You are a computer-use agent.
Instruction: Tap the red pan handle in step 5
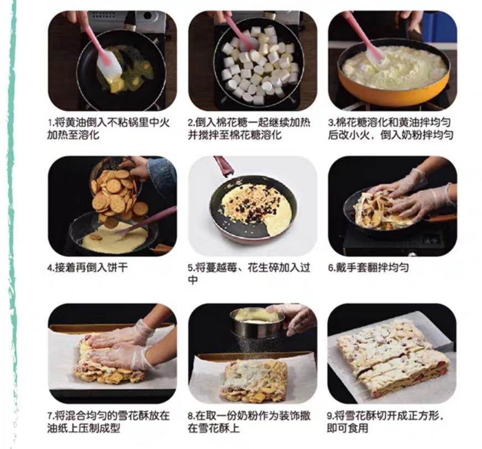click(x=224, y=166)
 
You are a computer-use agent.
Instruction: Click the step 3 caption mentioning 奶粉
click(x=391, y=128)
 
